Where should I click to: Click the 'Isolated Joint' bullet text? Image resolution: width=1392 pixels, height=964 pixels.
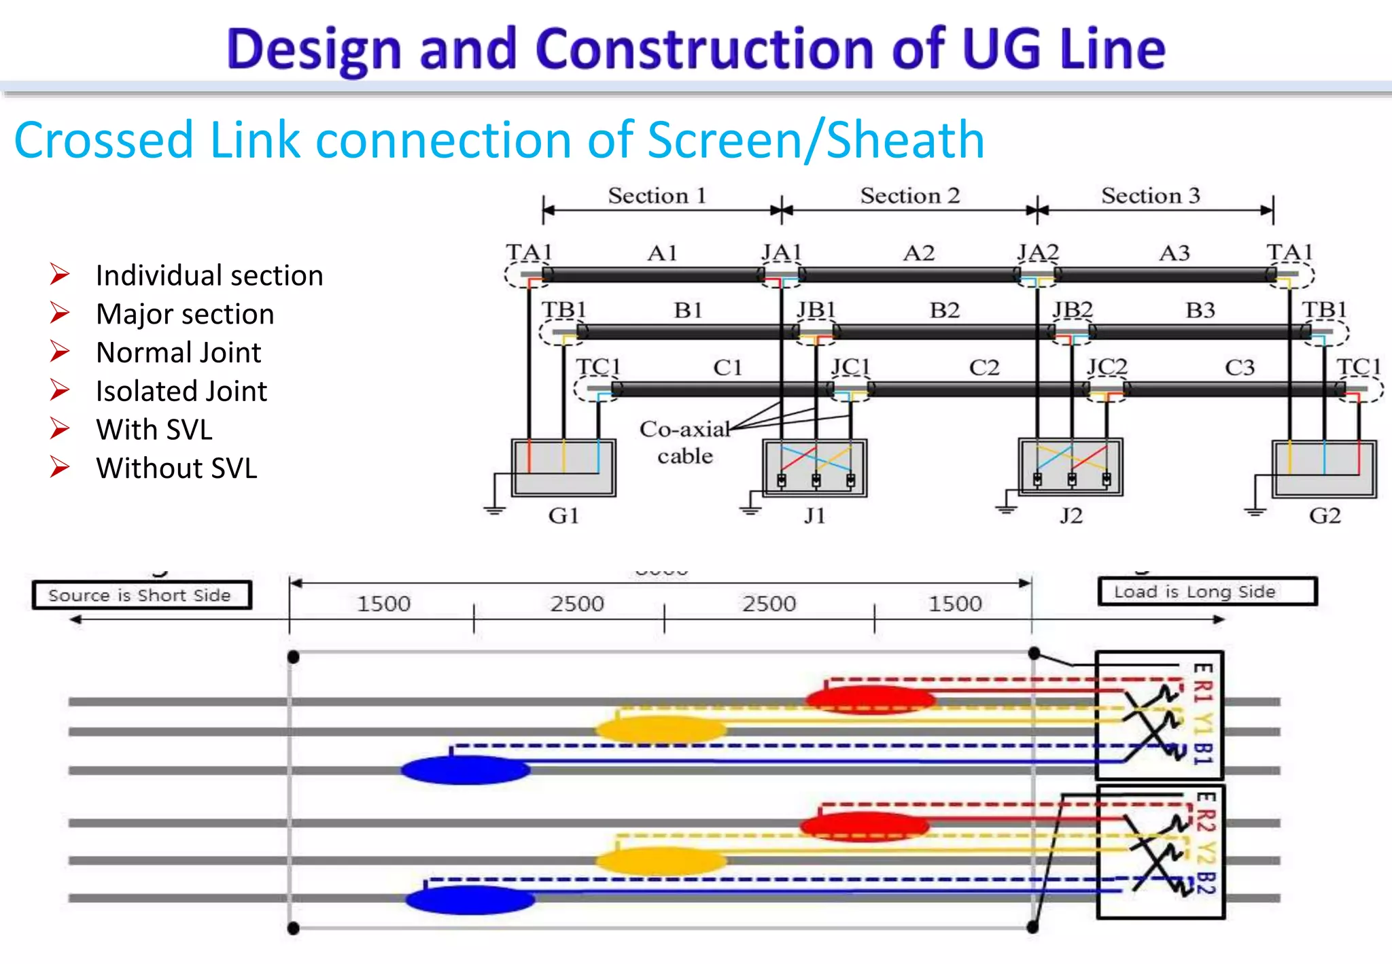tap(181, 392)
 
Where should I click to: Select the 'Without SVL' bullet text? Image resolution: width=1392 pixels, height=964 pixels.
tap(177, 468)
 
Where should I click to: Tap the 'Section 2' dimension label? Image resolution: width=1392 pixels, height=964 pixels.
tap(909, 196)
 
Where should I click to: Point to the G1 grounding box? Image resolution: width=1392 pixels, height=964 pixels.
tap(563, 468)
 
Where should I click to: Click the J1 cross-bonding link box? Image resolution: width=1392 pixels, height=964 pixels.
tap(815, 468)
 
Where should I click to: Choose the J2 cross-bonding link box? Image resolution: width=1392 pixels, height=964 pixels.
tap(1071, 467)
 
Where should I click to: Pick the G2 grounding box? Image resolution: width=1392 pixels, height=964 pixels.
tap(1324, 468)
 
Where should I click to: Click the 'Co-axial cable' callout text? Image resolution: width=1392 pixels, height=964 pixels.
tap(684, 442)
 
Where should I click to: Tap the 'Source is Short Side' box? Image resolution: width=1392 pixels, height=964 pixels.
tap(141, 595)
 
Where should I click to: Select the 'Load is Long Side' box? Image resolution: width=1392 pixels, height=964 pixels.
tap(1207, 591)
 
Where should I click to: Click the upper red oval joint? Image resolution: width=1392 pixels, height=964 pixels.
tap(870, 699)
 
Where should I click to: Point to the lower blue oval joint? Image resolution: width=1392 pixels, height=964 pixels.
tap(470, 899)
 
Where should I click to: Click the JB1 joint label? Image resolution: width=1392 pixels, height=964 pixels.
tap(816, 310)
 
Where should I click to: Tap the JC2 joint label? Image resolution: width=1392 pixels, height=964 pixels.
tap(1107, 367)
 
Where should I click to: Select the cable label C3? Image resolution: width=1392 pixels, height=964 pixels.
tap(1239, 368)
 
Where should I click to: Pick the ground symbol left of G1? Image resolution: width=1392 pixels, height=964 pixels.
tap(495, 510)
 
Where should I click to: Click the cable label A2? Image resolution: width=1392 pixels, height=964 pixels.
tap(919, 254)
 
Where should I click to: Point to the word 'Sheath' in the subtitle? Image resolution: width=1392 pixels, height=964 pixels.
tap(905, 140)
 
